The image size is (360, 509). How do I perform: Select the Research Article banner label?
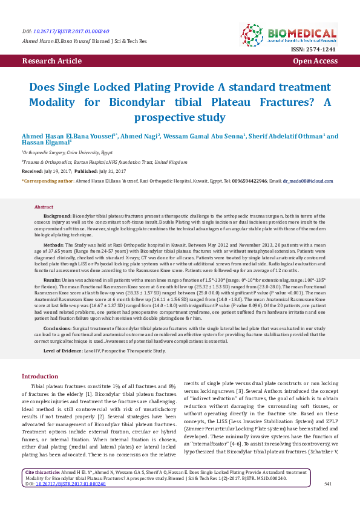coord(51,61)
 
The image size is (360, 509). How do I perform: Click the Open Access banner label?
coord(315,61)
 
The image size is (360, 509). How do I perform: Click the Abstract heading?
coord(44,207)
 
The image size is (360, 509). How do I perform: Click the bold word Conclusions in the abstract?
coord(57,326)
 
